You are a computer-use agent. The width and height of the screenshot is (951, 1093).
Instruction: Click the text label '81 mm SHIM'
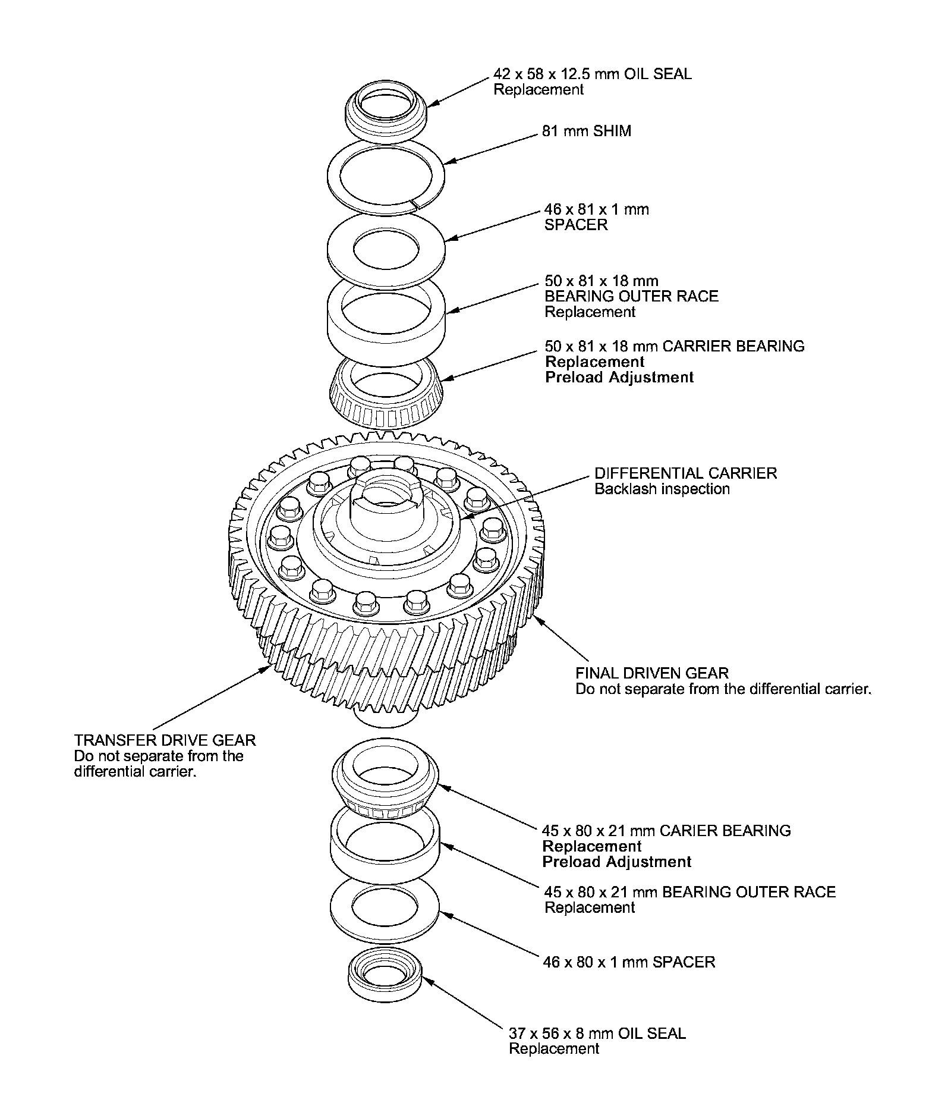[x=587, y=131]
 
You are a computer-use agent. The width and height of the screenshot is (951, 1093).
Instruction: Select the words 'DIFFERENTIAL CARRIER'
[x=686, y=473]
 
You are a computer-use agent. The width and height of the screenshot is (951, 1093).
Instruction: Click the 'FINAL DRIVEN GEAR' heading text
[x=652, y=673]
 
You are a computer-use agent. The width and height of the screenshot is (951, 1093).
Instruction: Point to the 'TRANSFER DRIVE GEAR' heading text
[x=165, y=740]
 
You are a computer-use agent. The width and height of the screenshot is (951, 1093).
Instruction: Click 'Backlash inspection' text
[x=662, y=489]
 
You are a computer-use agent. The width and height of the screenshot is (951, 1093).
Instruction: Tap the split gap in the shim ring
[x=417, y=206]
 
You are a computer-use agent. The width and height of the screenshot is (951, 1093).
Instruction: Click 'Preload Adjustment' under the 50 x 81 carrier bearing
[x=619, y=377]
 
